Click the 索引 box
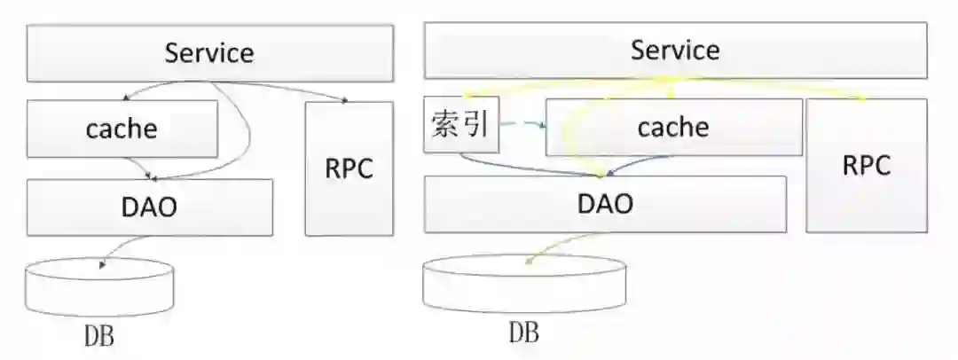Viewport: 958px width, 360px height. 461,123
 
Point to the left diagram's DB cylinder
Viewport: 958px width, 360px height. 98,288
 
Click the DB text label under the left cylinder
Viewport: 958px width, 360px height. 98,337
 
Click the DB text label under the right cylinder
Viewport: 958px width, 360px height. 523,333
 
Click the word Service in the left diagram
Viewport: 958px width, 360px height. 209,52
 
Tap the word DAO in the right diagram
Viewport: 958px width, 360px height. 605,204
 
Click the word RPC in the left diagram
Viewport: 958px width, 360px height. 349,168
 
